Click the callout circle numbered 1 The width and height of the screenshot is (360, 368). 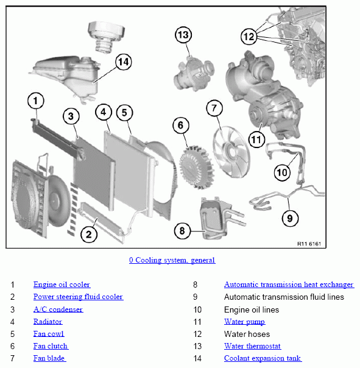pyautogui.click(x=36, y=100)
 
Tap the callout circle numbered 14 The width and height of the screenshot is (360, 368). pyautogui.click(x=123, y=61)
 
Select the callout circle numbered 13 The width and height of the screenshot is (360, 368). pyautogui.click(x=183, y=35)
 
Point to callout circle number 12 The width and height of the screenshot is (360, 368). pyautogui.click(x=249, y=37)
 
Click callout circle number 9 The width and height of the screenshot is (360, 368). pyautogui.click(x=291, y=216)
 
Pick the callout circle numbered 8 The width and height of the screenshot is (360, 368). pyautogui.click(x=182, y=231)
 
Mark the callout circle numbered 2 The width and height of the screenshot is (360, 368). pyautogui.click(x=88, y=233)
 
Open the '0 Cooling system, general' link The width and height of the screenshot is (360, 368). pyautogui.click(x=172, y=260)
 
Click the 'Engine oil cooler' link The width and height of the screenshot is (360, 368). pyautogui.click(x=62, y=285)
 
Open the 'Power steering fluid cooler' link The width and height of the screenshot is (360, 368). pyautogui.click(x=78, y=297)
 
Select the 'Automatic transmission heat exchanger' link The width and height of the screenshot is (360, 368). pyautogui.click(x=289, y=285)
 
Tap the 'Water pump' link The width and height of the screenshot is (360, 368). pyautogui.click(x=244, y=322)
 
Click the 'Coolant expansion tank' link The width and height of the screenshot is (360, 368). pyautogui.click(x=263, y=358)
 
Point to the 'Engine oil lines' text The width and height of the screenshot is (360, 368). pyautogui.click(x=252, y=310)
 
